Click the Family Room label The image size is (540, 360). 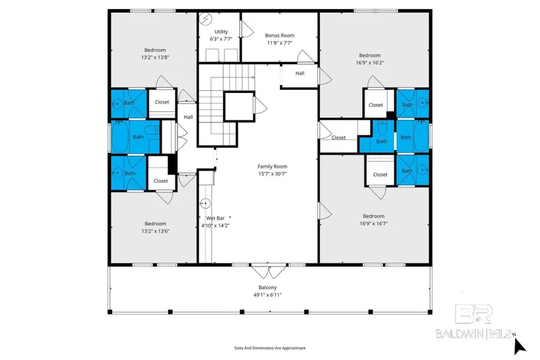[272, 166]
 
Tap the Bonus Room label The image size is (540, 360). [279, 35]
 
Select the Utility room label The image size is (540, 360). [221, 31]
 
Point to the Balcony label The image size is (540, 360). [268, 287]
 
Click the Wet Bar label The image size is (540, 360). [215, 218]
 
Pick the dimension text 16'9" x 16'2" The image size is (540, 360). [370, 63]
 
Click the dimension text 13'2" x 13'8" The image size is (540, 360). [155, 58]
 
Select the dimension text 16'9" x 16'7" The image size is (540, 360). [374, 224]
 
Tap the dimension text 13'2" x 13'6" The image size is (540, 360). [155, 231]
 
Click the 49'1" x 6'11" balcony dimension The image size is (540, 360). [268, 295]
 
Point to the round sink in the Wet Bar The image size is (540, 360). [206, 204]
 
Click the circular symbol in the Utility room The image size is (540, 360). [206, 19]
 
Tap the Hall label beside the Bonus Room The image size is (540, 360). [300, 73]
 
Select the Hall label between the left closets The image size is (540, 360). [188, 117]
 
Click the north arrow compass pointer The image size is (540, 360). [520, 346]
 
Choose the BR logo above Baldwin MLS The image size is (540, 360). [473, 314]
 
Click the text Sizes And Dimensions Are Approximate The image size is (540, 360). [270, 348]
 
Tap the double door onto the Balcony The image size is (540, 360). [268, 271]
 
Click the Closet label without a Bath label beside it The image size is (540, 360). [338, 137]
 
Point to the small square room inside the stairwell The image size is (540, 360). [240, 107]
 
